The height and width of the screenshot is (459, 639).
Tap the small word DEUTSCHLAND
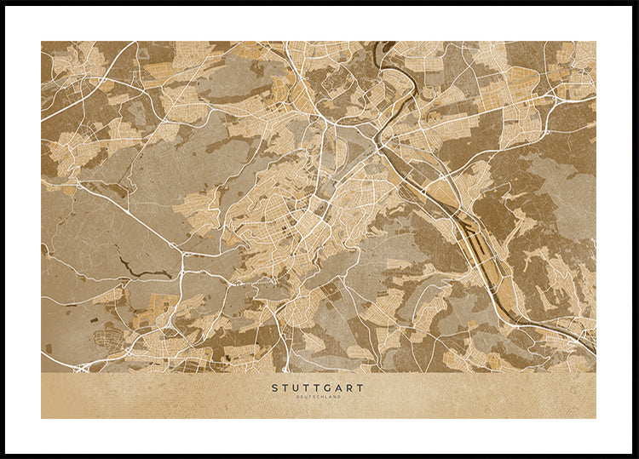pyautogui.click(x=318, y=397)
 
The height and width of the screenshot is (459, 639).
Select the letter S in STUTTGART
pyautogui.click(x=275, y=387)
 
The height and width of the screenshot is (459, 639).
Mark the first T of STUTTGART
pyautogui.click(x=285, y=387)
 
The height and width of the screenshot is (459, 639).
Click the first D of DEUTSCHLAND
pyautogui.click(x=297, y=397)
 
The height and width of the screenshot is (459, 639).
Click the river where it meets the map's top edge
pyautogui.click(x=382, y=45)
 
